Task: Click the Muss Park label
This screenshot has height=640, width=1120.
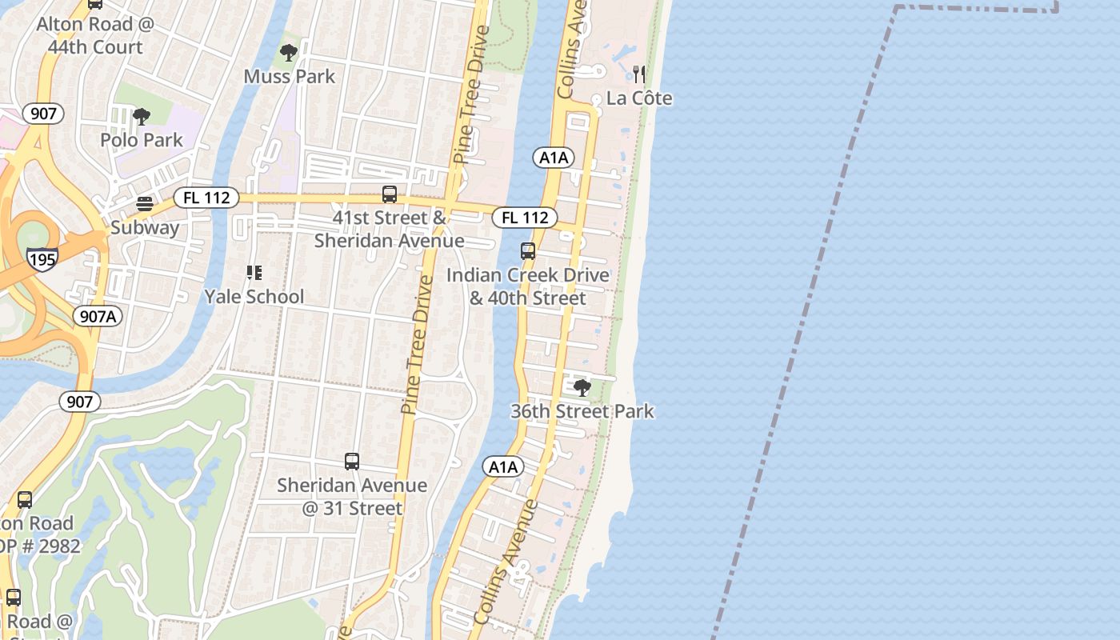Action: click(x=290, y=77)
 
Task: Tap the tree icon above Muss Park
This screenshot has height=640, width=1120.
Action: click(x=289, y=54)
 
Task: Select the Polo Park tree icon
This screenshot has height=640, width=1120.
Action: click(x=142, y=117)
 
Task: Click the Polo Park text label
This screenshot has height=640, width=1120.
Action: click(x=142, y=140)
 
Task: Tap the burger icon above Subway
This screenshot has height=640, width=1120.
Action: click(x=145, y=204)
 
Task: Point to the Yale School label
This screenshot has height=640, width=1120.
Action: click(x=254, y=297)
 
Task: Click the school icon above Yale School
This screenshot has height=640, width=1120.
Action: click(x=254, y=274)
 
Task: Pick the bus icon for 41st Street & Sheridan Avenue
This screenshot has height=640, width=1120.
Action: click(x=390, y=194)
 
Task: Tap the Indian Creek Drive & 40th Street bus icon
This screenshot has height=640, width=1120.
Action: click(x=528, y=251)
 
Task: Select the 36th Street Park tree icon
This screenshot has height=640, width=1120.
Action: click(x=582, y=388)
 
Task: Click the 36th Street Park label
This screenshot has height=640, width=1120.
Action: click(x=582, y=412)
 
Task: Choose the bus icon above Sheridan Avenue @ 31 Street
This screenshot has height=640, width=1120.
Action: click(x=352, y=462)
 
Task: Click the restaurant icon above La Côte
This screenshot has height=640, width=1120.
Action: click(x=639, y=74)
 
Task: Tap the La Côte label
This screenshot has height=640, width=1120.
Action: click(x=639, y=98)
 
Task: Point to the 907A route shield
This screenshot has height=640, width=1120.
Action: click(x=98, y=317)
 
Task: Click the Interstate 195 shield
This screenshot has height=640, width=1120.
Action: click(x=42, y=259)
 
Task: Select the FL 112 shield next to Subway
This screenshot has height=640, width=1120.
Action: click(x=206, y=197)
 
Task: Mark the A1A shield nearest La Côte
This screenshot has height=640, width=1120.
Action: click(x=554, y=158)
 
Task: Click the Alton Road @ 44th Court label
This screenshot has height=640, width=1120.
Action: click(x=94, y=35)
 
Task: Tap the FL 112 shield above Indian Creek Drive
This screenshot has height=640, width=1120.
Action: click(x=525, y=217)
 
